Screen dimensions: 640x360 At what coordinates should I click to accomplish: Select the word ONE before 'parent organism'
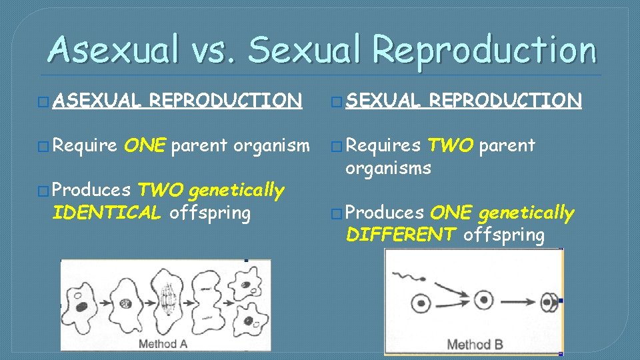pyautogui.click(x=145, y=145)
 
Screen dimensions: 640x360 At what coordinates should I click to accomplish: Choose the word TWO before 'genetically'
pyautogui.click(x=160, y=191)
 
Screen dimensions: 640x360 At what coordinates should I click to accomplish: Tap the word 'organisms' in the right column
pyautogui.click(x=388, y=167)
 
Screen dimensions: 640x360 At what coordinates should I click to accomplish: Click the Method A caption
pyautogui.click(x=162, y=344)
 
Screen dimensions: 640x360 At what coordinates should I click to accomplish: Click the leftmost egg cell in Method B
pyautogui.click(x=421, y=304)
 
